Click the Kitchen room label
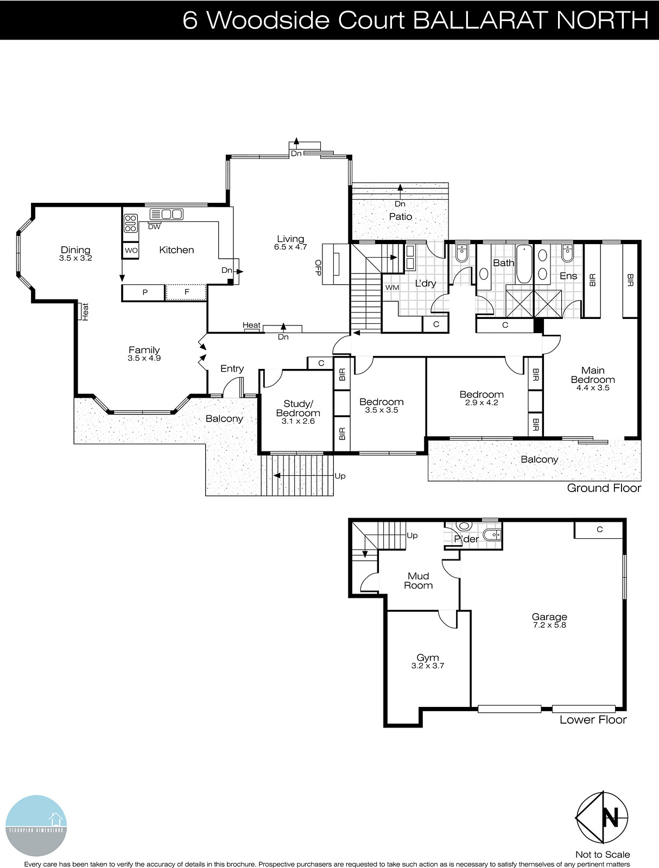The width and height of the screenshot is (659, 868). click(176, 250)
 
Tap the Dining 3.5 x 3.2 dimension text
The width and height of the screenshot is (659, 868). click(75, 258)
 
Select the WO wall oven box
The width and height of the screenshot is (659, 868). click(131, 251)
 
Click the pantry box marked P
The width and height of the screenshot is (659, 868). click(144, 292)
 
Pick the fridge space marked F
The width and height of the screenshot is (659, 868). click(186, 292)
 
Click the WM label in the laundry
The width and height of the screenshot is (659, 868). click(392, 288)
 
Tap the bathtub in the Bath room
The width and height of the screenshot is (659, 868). click(524, 264)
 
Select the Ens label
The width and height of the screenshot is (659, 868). click(568, 276)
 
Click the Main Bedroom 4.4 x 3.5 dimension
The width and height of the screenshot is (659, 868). click(593, 388)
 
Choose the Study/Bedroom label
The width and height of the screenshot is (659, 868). click(298, 408)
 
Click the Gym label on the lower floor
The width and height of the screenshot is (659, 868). click(428, 658)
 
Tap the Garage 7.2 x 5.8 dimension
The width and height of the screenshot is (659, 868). click(549, 625)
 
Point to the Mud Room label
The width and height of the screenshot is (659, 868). click(419, 580)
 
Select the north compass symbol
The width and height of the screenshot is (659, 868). click(603, 817)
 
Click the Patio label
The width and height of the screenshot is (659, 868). click(401, 216)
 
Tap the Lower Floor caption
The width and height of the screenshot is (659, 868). click(593, 720)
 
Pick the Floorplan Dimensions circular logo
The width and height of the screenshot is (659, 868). click(36, 826)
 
